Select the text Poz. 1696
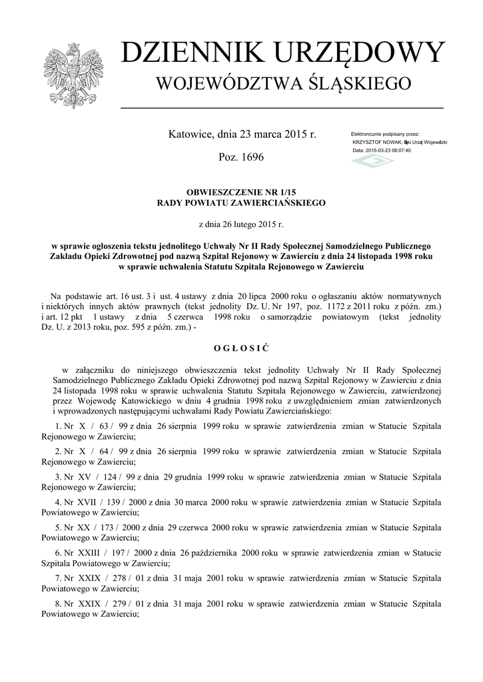(241, 157)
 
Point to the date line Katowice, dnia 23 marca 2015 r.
(242, 134)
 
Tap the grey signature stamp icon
(372, 162)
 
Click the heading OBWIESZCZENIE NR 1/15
(241, 192)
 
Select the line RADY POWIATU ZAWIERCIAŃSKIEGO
(241, 202)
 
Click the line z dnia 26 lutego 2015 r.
(241, 225)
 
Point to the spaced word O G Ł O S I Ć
(241, 348)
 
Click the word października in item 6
(225, 552)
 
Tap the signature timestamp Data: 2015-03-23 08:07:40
(382, 151)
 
